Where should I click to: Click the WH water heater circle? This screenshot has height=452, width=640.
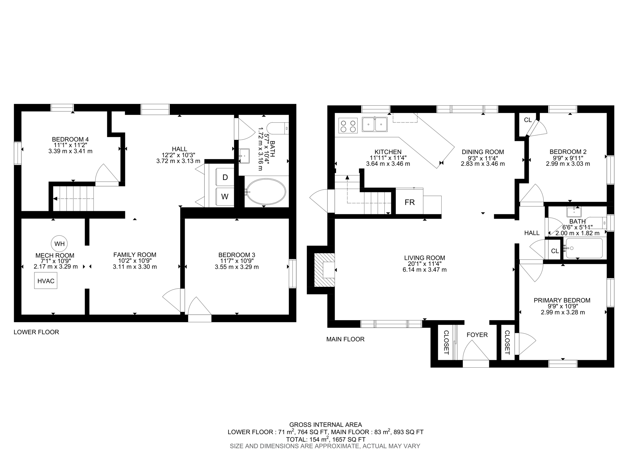[59, 244]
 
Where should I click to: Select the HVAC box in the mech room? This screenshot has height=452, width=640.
[46, 281]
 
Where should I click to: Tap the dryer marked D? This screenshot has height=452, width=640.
[225, 177]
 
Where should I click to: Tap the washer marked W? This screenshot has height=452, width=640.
[225, 197]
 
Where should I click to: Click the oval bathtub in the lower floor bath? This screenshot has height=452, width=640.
[266, 192]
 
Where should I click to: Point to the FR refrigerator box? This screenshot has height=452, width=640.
[409, 202]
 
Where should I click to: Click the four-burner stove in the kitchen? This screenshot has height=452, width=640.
[348, 126]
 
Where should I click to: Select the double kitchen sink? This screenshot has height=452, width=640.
[375, 124]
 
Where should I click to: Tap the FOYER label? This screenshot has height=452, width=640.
[477, 335]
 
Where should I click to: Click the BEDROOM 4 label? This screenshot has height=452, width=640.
[70, 139]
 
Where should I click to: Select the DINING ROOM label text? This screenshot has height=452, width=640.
[483, 152]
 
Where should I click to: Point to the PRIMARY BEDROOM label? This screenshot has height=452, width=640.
[562, 301]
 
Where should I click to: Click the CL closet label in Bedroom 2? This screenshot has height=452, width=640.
[528, 120]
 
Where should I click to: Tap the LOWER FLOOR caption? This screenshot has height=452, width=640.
[36, 332]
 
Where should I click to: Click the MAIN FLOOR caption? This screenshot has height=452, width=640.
[345, 339]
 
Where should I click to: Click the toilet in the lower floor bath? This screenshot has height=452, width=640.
[277, 128]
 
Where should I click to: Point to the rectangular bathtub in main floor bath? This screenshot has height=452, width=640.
[584, 248]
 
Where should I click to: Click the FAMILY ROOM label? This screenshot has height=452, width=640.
[135, 255]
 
